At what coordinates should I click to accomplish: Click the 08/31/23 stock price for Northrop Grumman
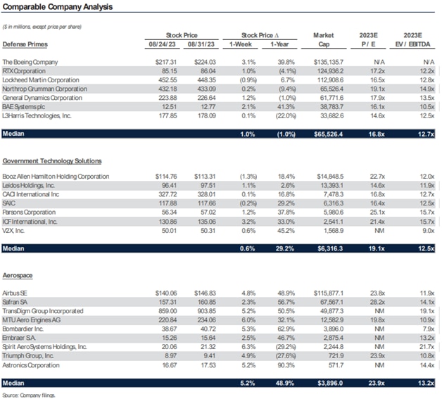[199, 89]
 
